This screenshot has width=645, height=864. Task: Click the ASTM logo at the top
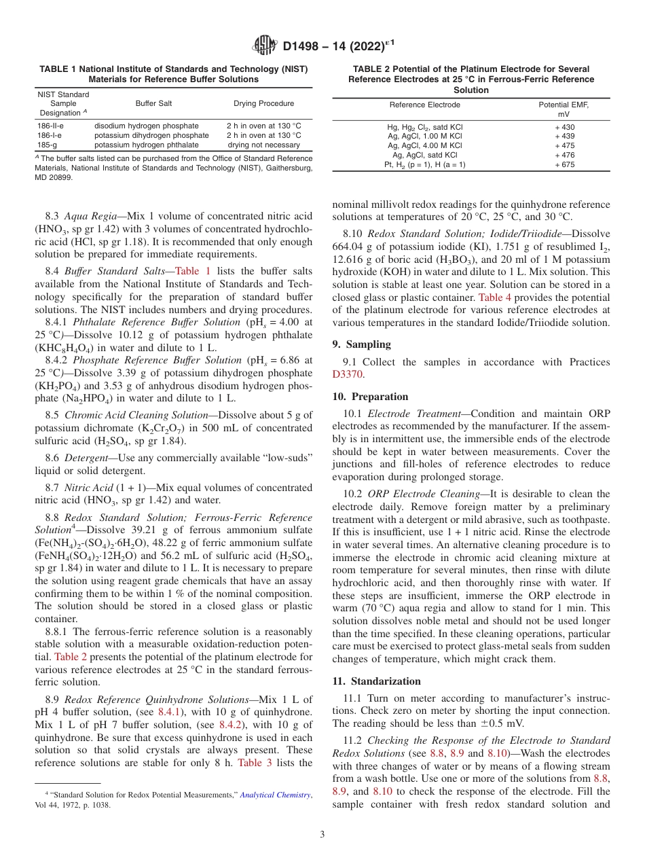point(264,46)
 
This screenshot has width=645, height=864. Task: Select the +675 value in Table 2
point(564,164)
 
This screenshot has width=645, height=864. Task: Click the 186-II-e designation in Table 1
point(51,126)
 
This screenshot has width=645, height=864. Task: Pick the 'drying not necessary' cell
point(264,145)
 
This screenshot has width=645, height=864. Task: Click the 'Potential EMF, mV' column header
point(564,109)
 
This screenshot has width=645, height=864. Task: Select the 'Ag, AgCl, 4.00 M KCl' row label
point(424,145)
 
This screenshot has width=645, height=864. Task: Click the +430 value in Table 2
point(564,127)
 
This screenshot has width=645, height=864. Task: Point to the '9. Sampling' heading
point(361,344)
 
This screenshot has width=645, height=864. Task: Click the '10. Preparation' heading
point(370,397)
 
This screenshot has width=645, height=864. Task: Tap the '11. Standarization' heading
point(376,681)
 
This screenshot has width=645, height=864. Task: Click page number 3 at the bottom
point(322,834)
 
